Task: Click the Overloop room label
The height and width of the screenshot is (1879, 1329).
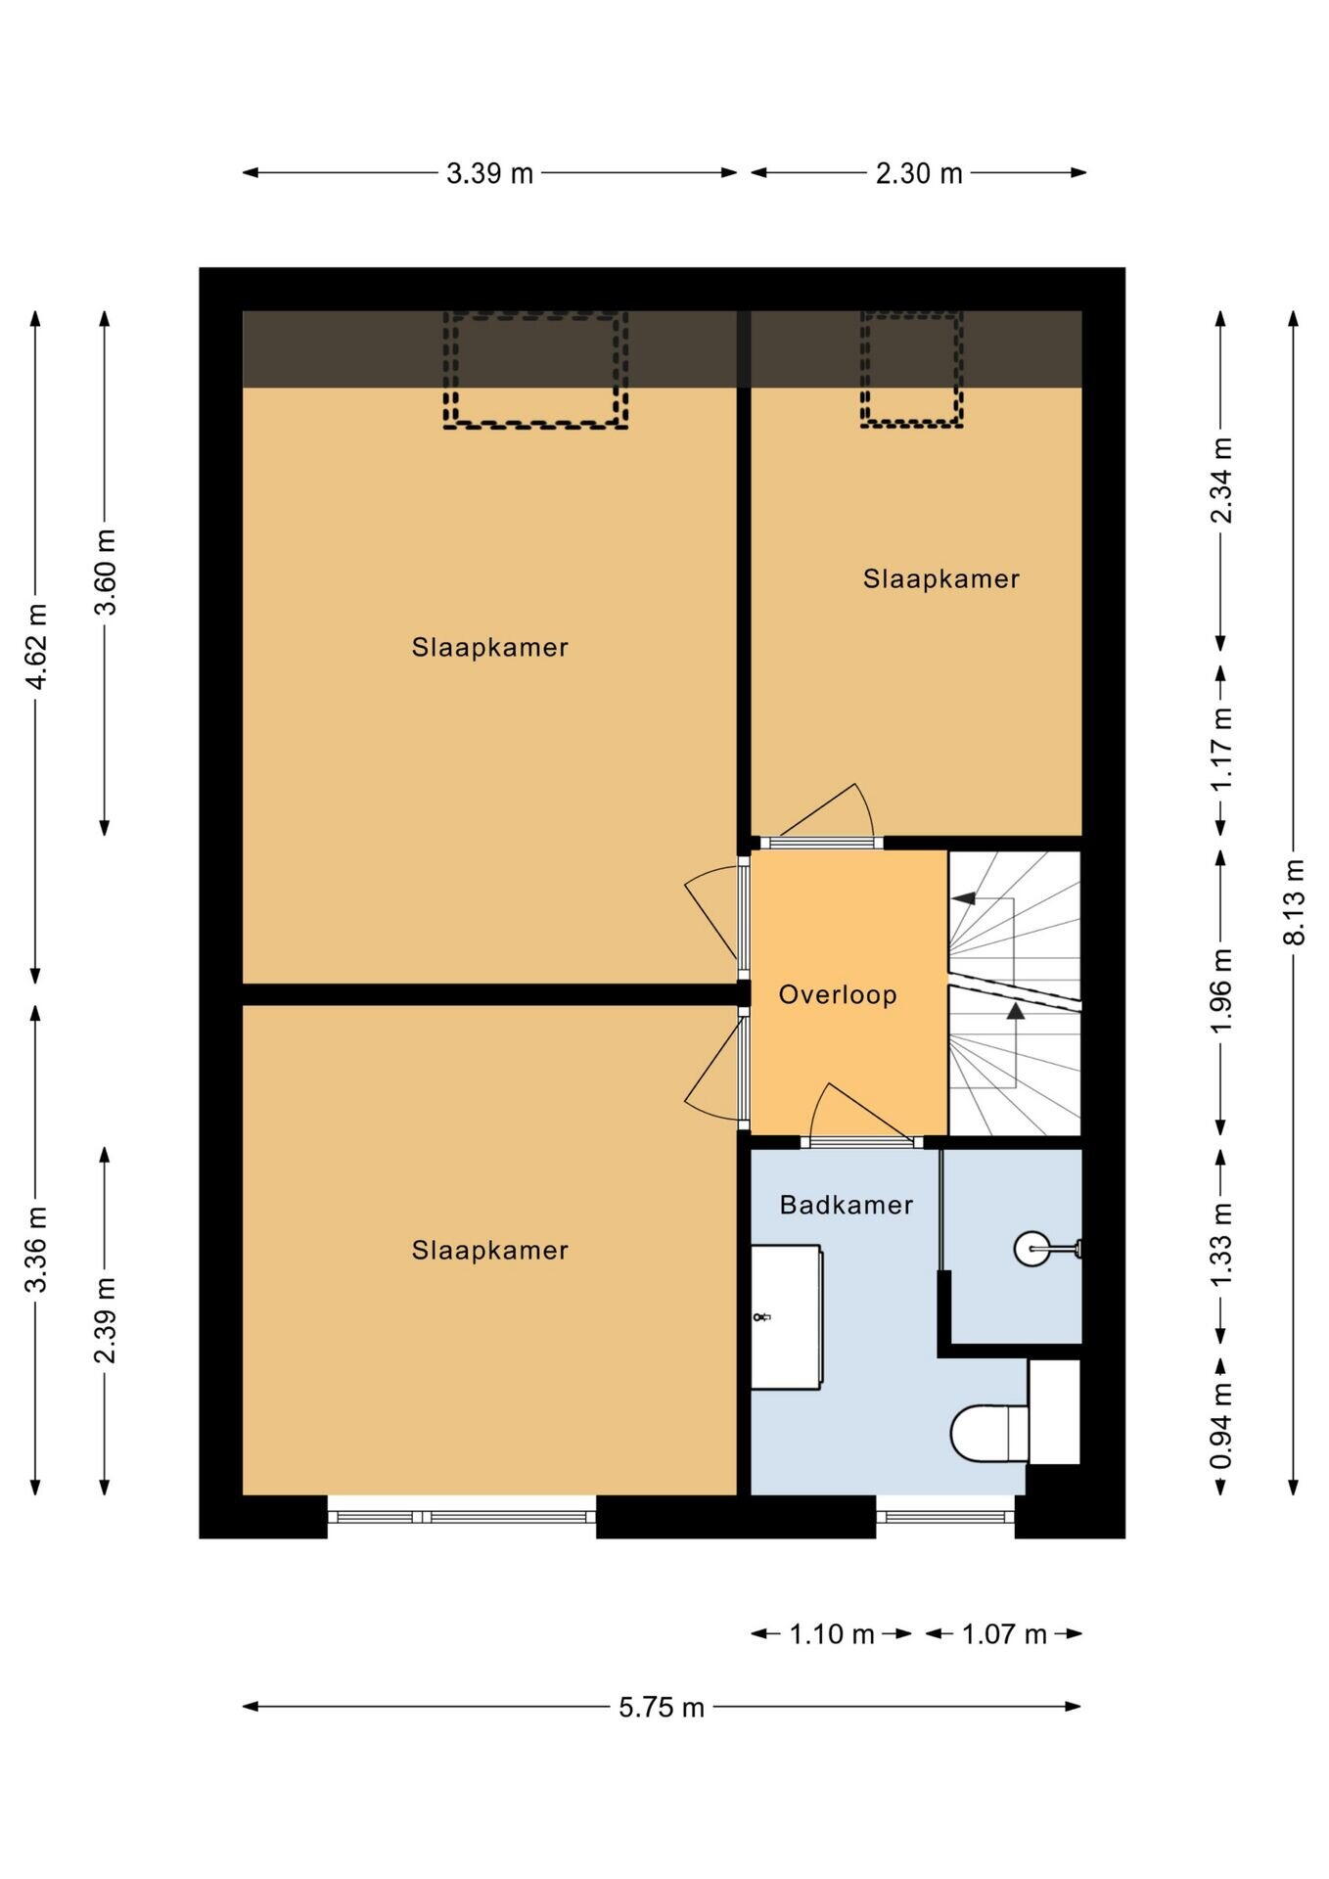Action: coord(837,995)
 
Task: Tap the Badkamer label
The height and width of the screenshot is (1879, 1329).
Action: coord(846,1205)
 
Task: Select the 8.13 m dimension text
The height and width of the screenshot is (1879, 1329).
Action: coord(1294,901)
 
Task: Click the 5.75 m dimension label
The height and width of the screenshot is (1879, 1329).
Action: coord(662,1708)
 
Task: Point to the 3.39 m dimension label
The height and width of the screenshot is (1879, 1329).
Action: coord(489,173)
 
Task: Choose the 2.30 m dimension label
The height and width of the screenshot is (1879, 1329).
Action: coord(919,173)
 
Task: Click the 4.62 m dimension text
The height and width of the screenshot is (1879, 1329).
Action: coord(36,647)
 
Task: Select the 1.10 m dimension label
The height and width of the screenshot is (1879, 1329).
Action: coord(832,1634)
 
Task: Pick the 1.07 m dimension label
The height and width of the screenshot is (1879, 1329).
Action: coord(1004,1634)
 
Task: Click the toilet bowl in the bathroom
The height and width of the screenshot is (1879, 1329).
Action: coord(989,1434)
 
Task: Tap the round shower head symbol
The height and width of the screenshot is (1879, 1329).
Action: coord(1031,1248)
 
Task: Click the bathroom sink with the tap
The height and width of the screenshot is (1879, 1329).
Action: coord(786,1316)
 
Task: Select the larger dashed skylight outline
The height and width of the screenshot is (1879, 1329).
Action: coord(535,370)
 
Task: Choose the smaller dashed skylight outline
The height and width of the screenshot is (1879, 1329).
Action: coord(912,369)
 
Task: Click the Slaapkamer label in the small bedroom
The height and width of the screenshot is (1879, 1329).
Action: coord(941,579)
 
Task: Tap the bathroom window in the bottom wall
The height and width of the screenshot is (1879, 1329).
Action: coord(945,1517)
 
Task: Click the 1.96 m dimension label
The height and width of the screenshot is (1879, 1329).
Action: coord(1220,990)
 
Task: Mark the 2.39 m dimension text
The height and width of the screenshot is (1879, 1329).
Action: coord(105,1320)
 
